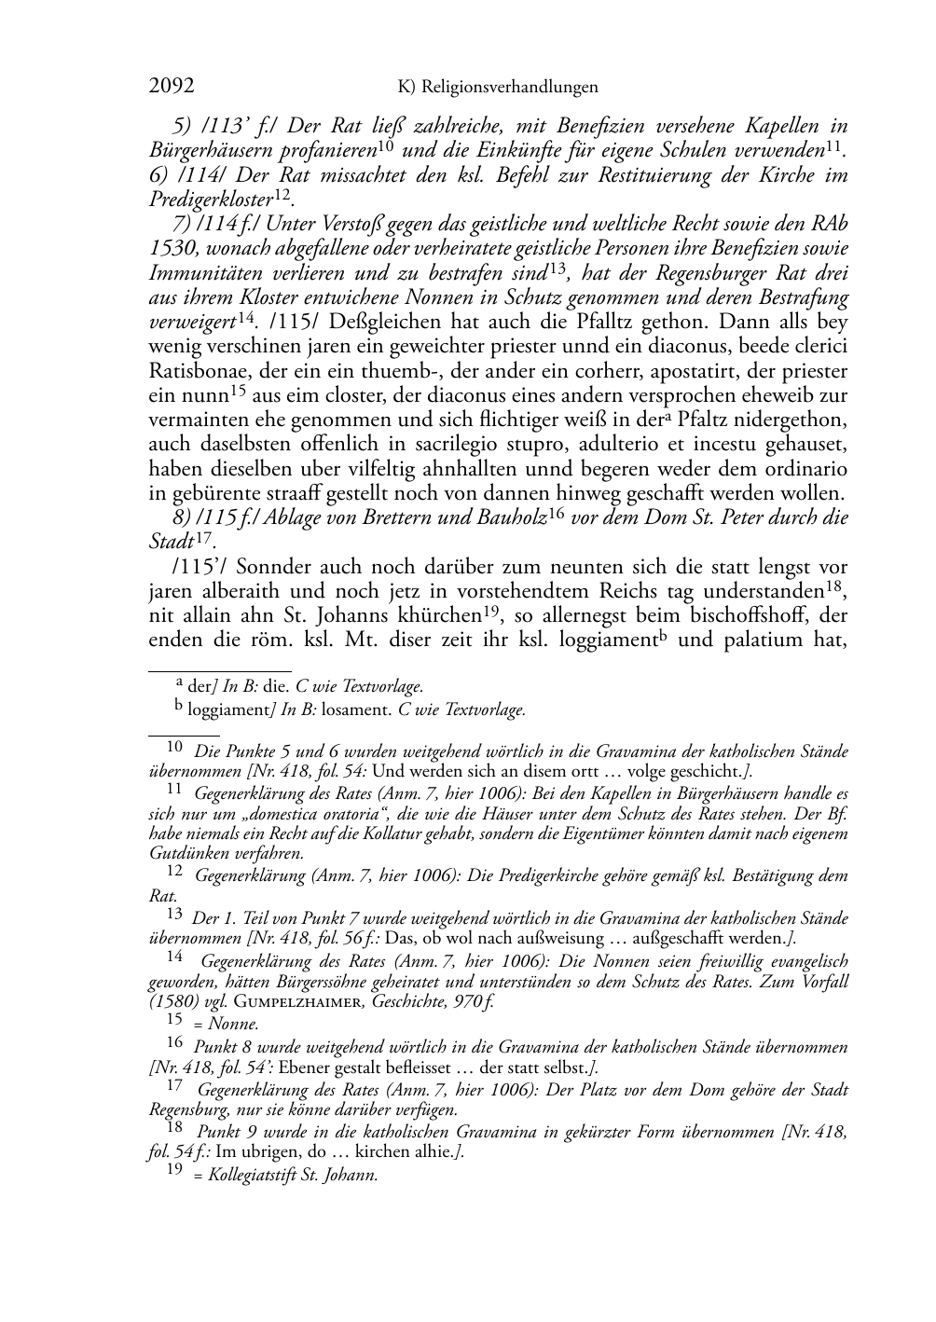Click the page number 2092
[172, 88]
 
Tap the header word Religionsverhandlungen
[510, 88]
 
